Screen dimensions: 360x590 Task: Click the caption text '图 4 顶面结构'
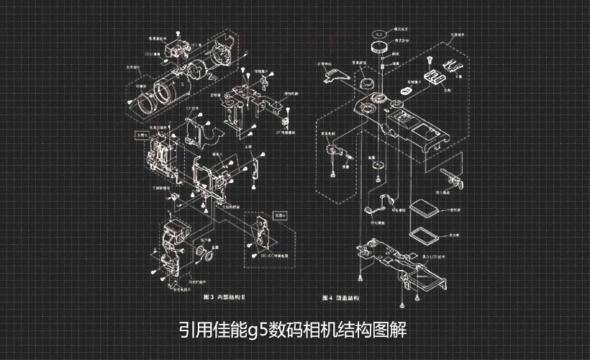tap(341, 297)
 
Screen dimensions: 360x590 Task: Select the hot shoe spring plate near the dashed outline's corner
tap(453, 66)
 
